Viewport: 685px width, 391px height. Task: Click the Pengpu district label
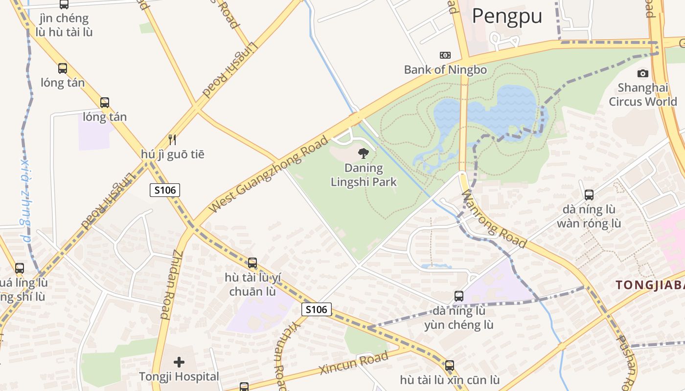[x=507, y=16]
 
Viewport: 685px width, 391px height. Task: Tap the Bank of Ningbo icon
[x=445, y=55]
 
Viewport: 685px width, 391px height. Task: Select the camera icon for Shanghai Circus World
[x=642, y=73]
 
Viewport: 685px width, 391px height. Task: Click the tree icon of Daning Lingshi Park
[x=363, y=153]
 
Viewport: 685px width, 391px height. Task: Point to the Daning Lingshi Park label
[x=364, y=175]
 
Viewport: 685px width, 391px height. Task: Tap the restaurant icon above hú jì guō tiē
[x=172, y=140]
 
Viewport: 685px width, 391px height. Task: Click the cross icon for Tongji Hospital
[x=179, y=362]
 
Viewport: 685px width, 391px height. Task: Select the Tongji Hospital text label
[x=179, y=377]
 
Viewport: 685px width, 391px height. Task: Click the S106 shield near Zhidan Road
[x=165, y=190]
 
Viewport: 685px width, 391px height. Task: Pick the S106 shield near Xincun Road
[x=317, y=309]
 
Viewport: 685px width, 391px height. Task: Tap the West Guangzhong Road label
[x=269, y=174]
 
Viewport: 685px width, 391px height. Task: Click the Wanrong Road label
[x=494, y=219]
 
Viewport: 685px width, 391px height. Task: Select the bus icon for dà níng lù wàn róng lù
[x=589, y=195]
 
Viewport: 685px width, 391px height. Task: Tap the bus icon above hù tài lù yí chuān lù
[x=252, y=263]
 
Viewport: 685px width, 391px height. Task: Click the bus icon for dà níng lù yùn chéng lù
[x=459, y=296]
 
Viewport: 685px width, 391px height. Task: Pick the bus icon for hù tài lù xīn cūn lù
[x=450, y=365]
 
